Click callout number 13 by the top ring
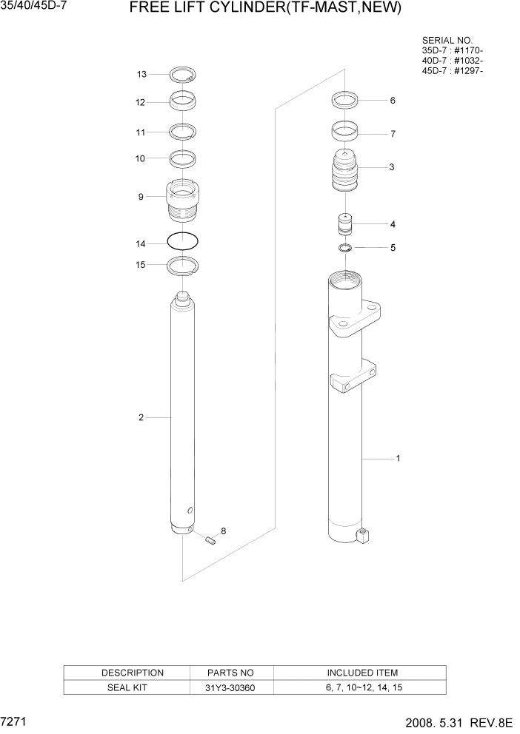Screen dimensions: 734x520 tap(141, 74)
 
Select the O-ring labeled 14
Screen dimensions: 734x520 tap(182, 241)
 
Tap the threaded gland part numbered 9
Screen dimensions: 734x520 tap(182, 201)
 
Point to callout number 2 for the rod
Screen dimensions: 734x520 tap(141, 418)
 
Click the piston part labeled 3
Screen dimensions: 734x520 tap(344, 172)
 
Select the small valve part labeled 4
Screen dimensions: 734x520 tap(344, 223)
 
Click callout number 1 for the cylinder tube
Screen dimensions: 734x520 tap(398, 459)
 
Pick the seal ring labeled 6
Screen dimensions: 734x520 tap(344, 100)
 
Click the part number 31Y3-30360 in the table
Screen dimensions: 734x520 tap(232, 687)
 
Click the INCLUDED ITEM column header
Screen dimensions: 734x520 tap(361, 673)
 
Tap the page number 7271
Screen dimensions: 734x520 tap(15, 719)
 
